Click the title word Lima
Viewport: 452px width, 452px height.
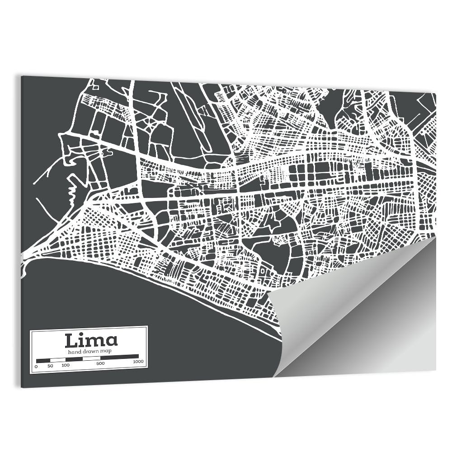click(x=91, y=340)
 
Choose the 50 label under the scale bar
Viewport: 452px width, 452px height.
click(x=50, y=365)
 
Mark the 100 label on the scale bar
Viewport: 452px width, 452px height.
click(x=66, y=365)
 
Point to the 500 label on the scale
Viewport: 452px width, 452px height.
click(x=100, y=363)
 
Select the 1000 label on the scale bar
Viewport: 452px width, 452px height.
click(x=138, y=362)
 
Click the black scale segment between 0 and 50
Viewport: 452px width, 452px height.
click(x=43, y=360)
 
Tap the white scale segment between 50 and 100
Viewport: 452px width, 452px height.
click(x=58, y=360)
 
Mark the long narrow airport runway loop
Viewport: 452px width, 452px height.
click(x=199, y=127)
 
